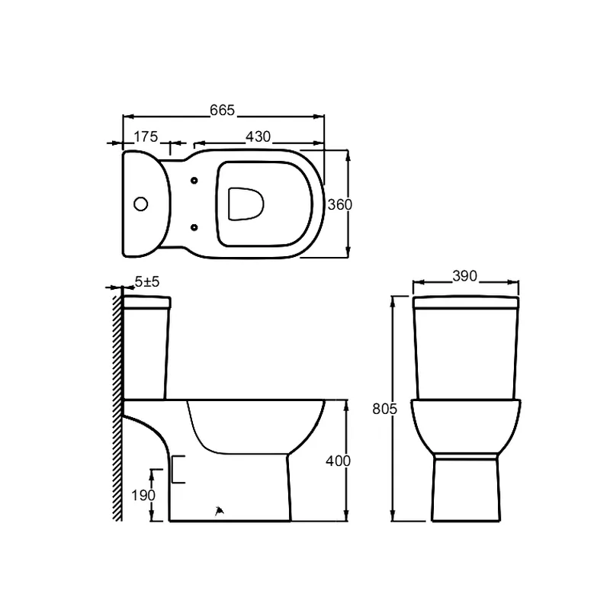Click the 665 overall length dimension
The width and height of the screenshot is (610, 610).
click(222, 111)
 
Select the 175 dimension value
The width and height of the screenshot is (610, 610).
click(146, 136)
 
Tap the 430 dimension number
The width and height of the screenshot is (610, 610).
click(258, 136)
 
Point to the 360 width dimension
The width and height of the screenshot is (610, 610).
click(339, 204)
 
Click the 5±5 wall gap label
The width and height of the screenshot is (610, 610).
click(146, 282)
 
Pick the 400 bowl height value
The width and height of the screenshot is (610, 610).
click(339, 461)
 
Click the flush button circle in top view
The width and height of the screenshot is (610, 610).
click(140, 204)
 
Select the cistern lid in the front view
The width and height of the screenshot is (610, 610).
click(466, 303)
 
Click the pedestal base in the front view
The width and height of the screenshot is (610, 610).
click(466, 488)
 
